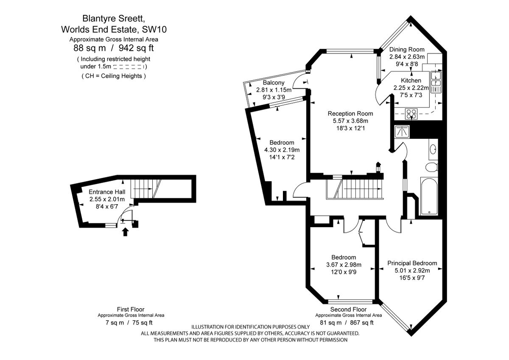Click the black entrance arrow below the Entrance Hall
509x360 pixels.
(x=125, y=232)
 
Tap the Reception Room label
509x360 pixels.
(x=350, y=113)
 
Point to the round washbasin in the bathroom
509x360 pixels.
(x=433, y=149)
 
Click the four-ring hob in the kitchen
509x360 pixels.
(x=411, y=113)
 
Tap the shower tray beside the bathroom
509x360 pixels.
(x=402, y=132)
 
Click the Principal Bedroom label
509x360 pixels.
(x=412, y=263)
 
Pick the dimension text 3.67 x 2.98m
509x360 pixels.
(x=344, y=265)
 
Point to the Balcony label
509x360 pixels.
(x=274, y=82)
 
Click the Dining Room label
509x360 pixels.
(x=406, y=49)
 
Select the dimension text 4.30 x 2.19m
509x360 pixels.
(x=282, y=150)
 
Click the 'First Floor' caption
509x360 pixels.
(x=131, y=309)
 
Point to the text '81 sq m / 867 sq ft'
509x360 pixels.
(x=347, y=323)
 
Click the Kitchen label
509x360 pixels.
(x=411, y=81)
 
